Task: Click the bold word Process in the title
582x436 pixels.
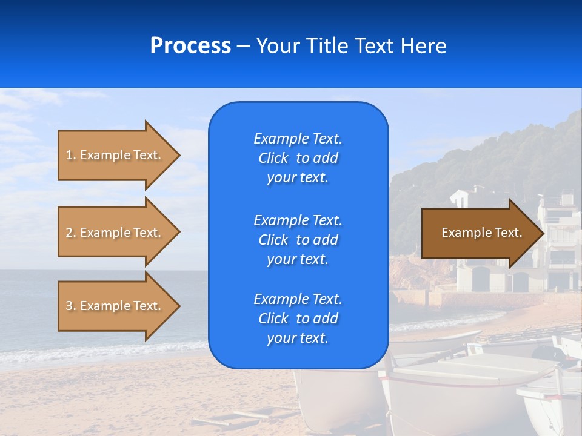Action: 190,46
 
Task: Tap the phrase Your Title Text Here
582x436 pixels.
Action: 351,46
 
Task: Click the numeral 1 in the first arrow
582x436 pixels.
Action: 69,155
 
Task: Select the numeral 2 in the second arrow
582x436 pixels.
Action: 69,233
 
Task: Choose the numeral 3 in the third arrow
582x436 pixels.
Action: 69,306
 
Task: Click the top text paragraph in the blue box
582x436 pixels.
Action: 298,158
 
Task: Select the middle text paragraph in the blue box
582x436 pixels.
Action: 298,240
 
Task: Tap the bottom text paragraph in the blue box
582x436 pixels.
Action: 298,319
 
